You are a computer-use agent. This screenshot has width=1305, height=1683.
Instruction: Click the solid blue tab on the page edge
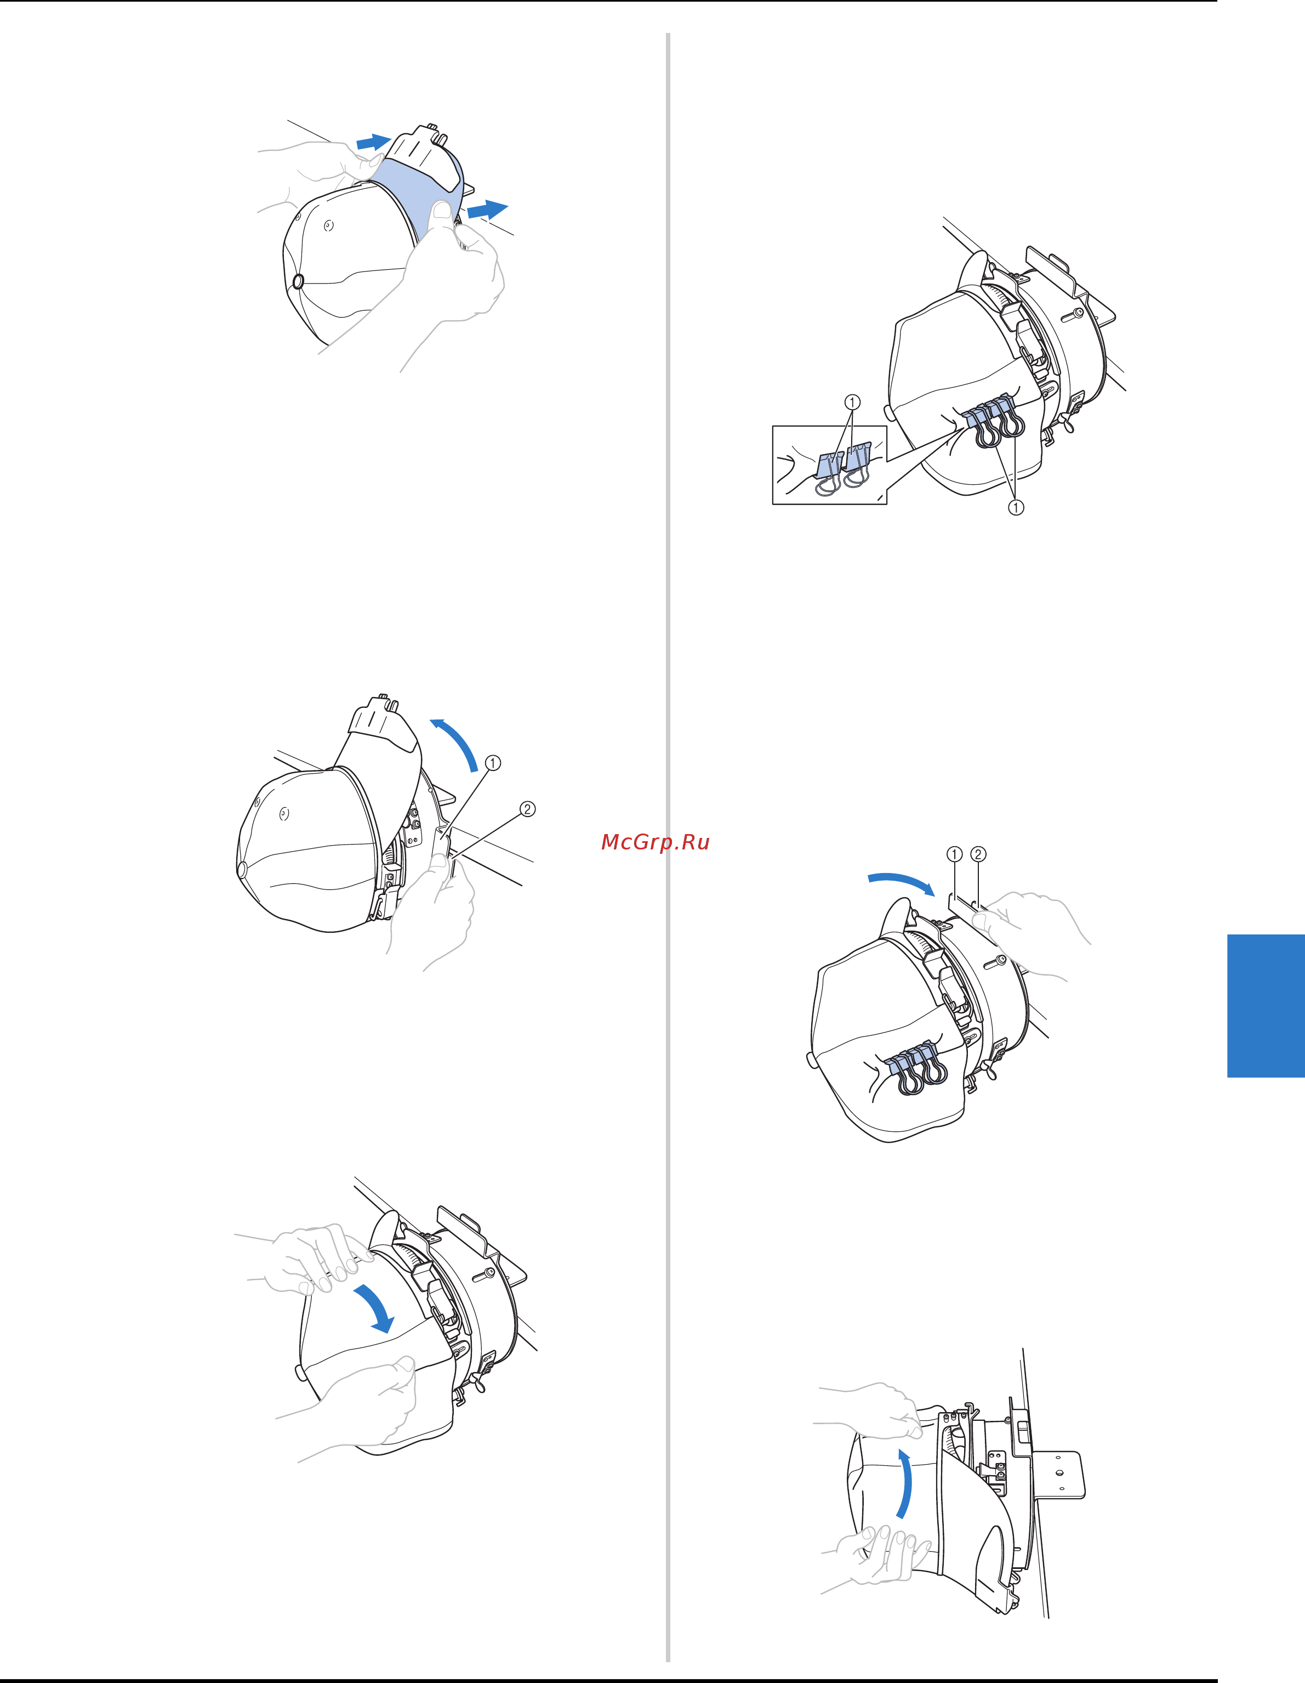click(1266, 1006)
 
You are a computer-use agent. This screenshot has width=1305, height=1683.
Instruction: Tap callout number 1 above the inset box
click(852, 403)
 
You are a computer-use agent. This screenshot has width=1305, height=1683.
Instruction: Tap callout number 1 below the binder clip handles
click(1016, 507)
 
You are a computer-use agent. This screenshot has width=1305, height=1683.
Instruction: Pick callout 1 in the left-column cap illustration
click(493, 763)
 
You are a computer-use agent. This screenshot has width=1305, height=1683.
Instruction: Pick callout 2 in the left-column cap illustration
click(527, 809)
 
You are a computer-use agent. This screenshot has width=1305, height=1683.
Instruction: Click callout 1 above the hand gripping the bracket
click(954, 854)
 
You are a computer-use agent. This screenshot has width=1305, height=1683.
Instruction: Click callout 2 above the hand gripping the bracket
click(978, 854)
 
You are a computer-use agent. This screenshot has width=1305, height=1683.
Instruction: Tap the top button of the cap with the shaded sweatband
click(298, 281)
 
